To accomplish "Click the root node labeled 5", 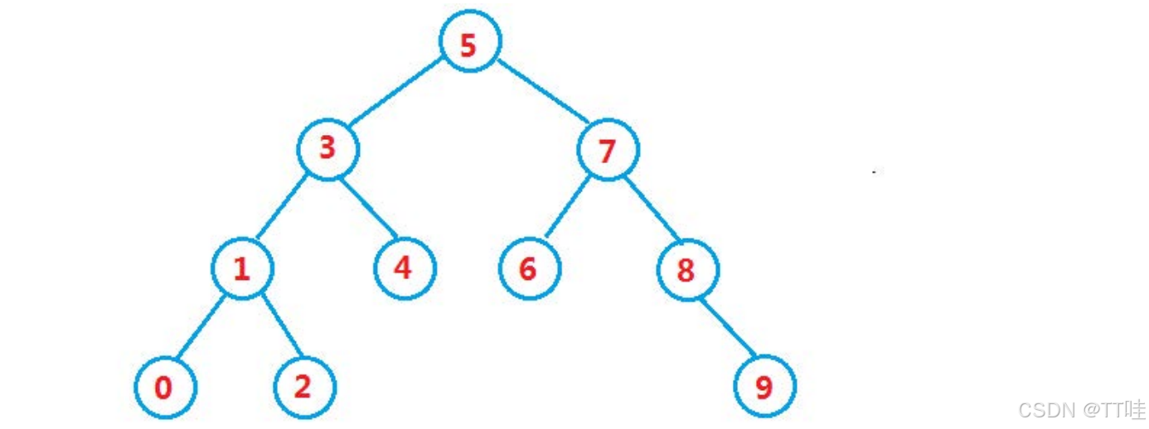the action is [469, 45].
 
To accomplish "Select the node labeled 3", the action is [328, 149].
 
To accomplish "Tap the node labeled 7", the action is [608, 150].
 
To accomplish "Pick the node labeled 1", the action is [242, 269].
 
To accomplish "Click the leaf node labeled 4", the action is [404, 269].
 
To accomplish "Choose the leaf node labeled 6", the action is [529, 269].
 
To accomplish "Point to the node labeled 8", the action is [687, 270].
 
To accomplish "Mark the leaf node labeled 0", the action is [165, 388].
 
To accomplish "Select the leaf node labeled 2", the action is [304, 387].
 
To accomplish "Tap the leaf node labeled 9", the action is [764, 387].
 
